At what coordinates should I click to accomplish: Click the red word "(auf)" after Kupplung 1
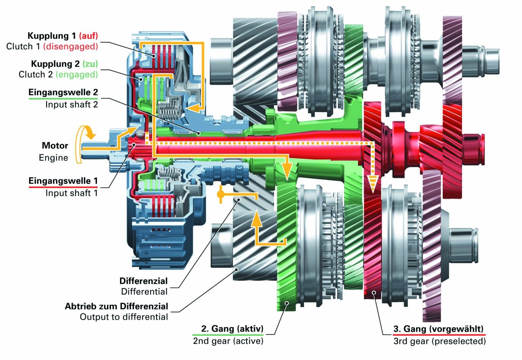[88, 36]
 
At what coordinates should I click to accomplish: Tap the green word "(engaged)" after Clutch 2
[77, 74]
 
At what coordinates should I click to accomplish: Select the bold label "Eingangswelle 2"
[63, 92]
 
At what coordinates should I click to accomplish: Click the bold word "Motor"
[55, 146]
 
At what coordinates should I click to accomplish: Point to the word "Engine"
[54, 158]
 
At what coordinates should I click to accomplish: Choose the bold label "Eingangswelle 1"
[63, 181]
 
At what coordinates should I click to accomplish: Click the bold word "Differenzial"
[144, 281]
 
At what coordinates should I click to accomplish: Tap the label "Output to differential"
[124, 317]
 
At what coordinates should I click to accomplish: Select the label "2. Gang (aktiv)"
[232, 329]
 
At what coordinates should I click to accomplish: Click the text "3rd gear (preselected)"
[439, 341]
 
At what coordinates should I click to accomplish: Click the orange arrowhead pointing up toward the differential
[256, 218]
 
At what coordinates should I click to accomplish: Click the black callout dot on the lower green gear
[287, 303]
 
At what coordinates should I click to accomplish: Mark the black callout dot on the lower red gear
[374, 293]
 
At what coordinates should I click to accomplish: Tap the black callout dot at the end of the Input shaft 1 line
[134, 145]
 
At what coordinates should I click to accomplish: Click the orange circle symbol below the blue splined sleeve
[220, 194]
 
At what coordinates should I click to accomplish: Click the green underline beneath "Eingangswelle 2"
[63, 99]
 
